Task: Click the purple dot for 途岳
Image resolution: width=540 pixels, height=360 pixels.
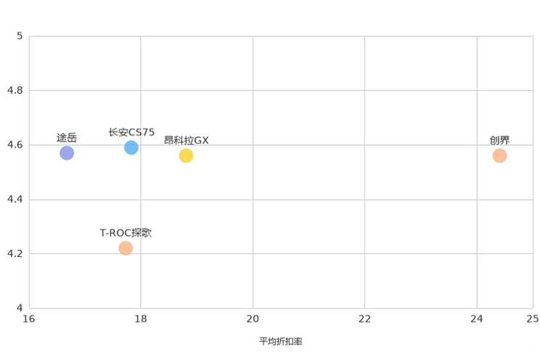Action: (x=67, y=153)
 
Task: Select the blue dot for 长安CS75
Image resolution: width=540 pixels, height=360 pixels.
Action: (x=131, y=147)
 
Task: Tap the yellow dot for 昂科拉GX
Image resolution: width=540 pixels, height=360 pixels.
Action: (x=186, y=156)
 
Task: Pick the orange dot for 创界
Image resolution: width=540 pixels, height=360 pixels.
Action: (x=499, y=156)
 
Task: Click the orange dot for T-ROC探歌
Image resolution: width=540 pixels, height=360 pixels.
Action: (x=126, y=248)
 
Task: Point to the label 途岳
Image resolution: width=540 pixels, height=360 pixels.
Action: (x=67, y=138)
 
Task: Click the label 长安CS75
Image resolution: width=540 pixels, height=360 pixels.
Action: (x=131, y=132)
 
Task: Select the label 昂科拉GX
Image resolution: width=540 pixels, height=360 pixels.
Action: (x=186, y=141)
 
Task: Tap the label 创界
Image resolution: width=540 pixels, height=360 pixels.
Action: (x=499, y=141)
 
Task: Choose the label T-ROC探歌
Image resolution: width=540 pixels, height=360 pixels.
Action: (x=126, y=233)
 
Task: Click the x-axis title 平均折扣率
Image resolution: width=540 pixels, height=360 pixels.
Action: (x=281, y=341)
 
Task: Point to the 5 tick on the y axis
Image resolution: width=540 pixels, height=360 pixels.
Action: (x=20, y=36)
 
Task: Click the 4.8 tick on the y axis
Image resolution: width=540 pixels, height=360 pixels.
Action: (x=15, y=90)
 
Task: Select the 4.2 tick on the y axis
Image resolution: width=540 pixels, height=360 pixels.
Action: (x=15, y=253)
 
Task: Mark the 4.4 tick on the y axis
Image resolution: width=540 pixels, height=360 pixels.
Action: (x=15, y=199)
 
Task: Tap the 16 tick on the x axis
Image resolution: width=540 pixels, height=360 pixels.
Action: (x=29, y=319)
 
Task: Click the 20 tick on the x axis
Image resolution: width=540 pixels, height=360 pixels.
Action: (x=253, y=319)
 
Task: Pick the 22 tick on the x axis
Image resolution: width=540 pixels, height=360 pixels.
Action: (x=364, y=319)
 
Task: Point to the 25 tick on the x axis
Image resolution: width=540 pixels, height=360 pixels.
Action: (x=533, y=319)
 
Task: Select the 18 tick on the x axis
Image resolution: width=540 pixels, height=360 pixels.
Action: (x=141, y=319)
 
